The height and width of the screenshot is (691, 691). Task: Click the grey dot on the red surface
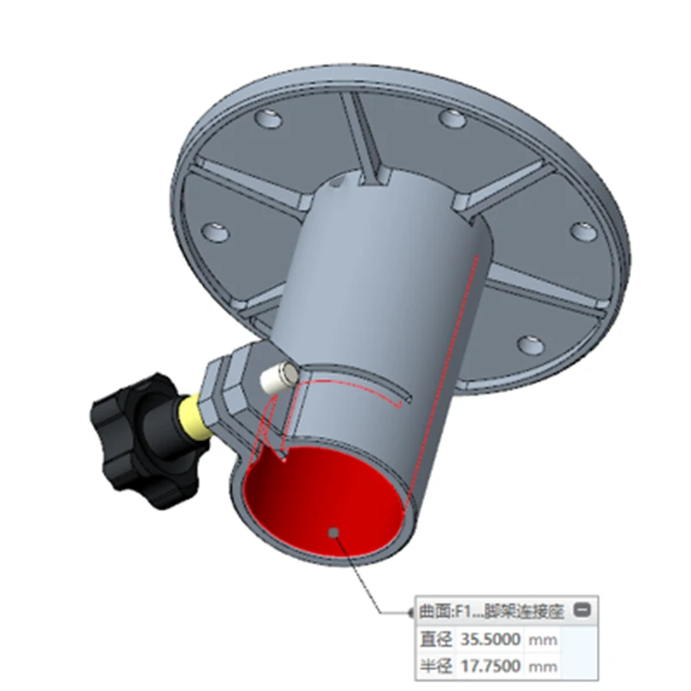333,534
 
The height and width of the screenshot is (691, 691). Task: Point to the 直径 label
435,640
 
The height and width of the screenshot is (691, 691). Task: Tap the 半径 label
435,665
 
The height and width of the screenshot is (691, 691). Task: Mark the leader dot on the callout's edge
409,612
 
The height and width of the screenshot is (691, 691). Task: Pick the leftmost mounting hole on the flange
214,231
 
